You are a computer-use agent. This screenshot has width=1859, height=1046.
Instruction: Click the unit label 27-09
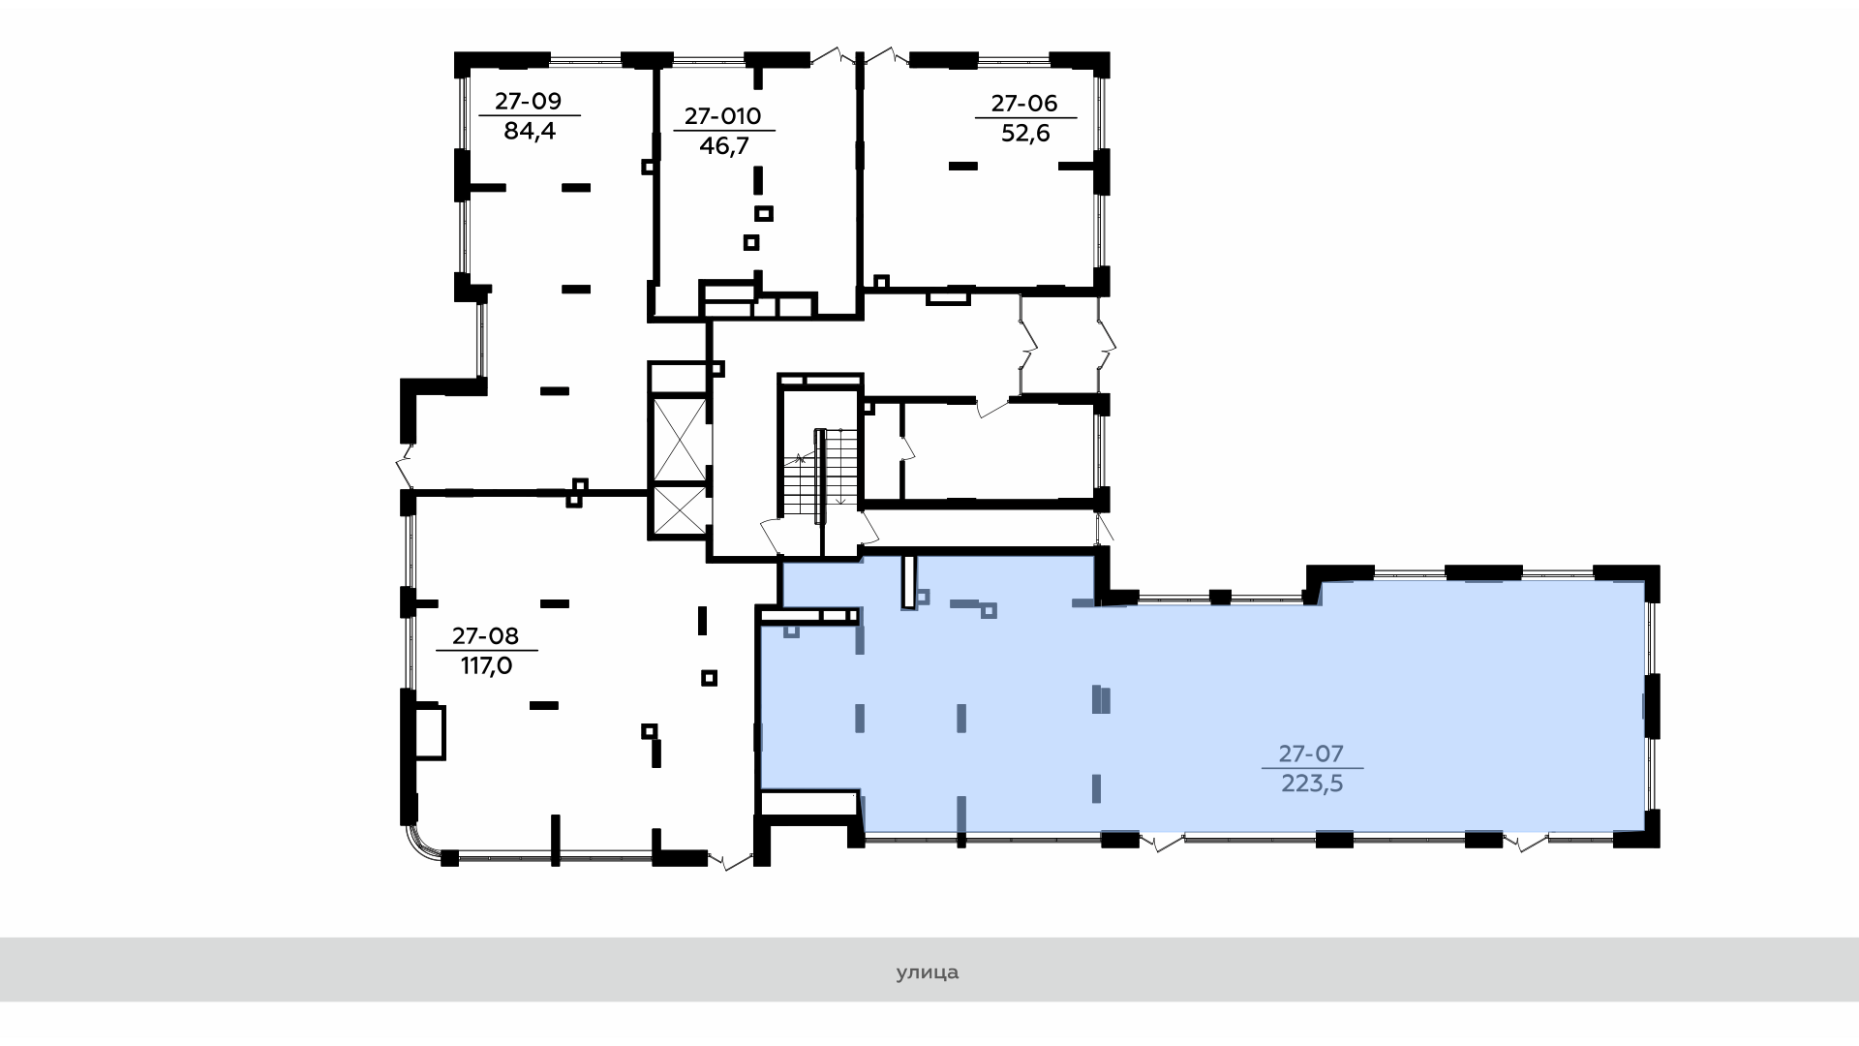pyautogui.click(x=529, y=101)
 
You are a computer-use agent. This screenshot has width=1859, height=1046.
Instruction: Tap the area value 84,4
pyautogui.click(x=530, y=131)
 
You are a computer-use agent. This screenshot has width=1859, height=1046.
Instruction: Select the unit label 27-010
pyautogui.click(x=723, y=116)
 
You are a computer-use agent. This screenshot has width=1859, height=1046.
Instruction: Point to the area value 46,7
pyautogui.click(x=724, y=146)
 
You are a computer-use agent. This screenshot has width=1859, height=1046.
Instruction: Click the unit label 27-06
pyautogui.click(x=1024, y=103)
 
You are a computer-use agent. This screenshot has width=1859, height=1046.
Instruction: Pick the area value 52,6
pyautogui.click(x=1025, y=133)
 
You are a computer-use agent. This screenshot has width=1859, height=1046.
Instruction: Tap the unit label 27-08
pyautogui.click(x=486, y=635)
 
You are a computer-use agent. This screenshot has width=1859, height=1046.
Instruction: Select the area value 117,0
pyautogui.click(x=486, y=666)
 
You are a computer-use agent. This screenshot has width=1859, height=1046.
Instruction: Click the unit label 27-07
pyautogui.click(x=1312, y=753)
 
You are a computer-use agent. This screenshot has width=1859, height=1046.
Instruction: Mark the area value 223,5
pyautogui.click(x=1313, y=784)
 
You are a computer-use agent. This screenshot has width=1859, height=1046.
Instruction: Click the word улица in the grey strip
pyautogui.click(x=928, y=971)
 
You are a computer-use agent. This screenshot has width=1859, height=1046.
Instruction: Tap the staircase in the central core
pyautogui.click(x=821, y=475)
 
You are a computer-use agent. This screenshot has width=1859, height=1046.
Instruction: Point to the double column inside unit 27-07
pyautogui.click(x=1101, y=699)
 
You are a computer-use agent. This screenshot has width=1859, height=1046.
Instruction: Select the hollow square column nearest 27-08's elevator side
pyautogui.click(x=710, y=678)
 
